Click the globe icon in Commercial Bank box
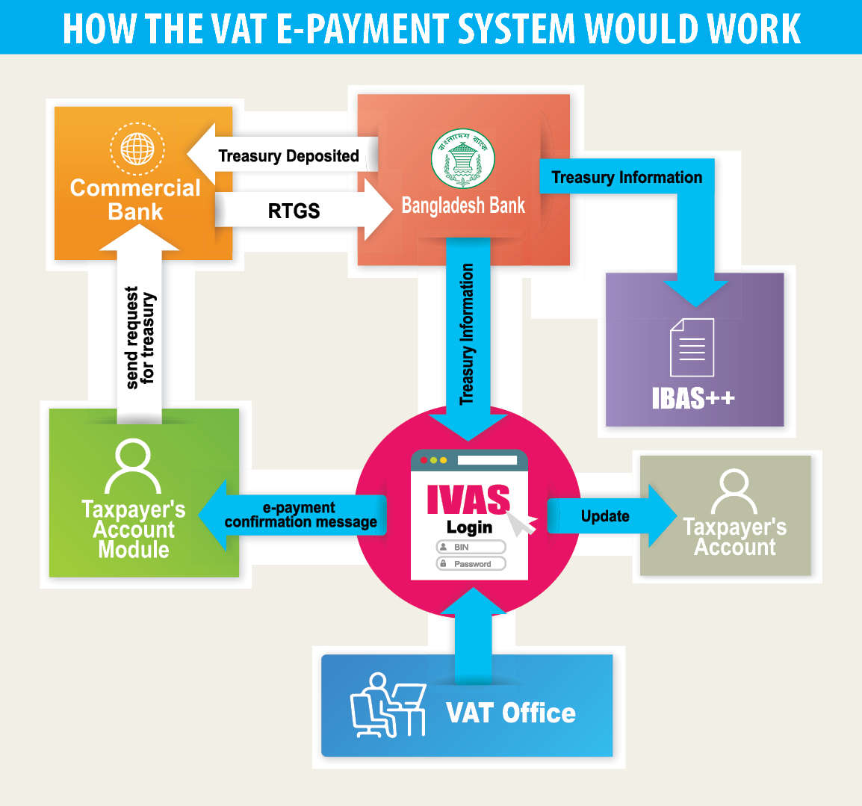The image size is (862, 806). coord(137,148)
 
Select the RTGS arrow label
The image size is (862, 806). coord(294,211)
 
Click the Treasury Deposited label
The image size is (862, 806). coord(288,156)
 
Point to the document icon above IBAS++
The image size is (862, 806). coord(692,347)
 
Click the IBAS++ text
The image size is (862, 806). coord(693,398)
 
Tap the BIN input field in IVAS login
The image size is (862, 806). coord(471,548)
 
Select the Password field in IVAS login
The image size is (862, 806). coord(471,564)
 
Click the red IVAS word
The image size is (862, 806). coord(468,500)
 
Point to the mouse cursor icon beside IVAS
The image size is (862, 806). coord(525,522)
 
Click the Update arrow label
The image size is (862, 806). coord(605,516)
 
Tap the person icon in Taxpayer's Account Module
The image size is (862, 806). coord(133,467)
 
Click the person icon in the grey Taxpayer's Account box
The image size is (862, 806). coord(734,492)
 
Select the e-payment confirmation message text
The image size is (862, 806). coord(300,515)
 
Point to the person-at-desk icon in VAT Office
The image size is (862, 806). coord(387,706)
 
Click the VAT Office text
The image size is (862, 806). coord(511,713)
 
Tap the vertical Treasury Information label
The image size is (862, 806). coord(468,334)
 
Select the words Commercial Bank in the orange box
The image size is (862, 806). coord(135,199)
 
